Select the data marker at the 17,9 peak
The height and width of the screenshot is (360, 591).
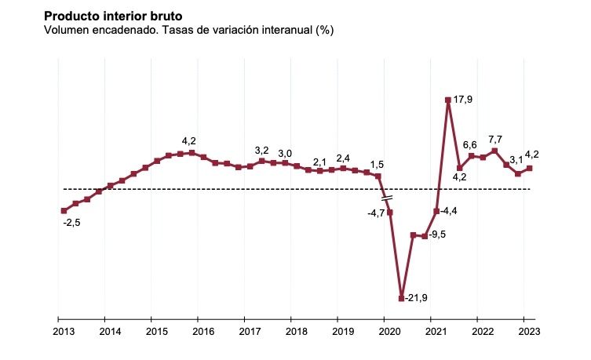pyautogui.click(x=447, y=100)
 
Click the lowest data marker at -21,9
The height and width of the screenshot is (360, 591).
pyautogui.click(x=401, y=298)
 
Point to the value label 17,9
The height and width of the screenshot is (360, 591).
pyautogui.click(x=464, y=100)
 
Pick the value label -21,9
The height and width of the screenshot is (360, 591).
pyautogui.click(x=416, y=298)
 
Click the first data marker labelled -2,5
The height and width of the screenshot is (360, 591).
pyautogui.click(x=64, y=211)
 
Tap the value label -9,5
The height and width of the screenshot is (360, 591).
pyautogui.click(x=438, y=235)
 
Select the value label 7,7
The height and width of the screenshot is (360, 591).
pyautogui.click(x=496, y=139)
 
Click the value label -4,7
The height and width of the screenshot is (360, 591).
pyautogui.click(x=376, y=212)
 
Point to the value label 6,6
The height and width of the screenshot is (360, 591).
pyautogui.click(x=470, y=145)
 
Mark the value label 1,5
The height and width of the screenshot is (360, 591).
pyautogui.click(x=377, y=165)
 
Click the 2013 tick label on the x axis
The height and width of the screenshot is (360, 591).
pyautogui.click(x=64, y=331)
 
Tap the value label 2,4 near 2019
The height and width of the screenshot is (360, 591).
pyautogui.click(x=343, y=158)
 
